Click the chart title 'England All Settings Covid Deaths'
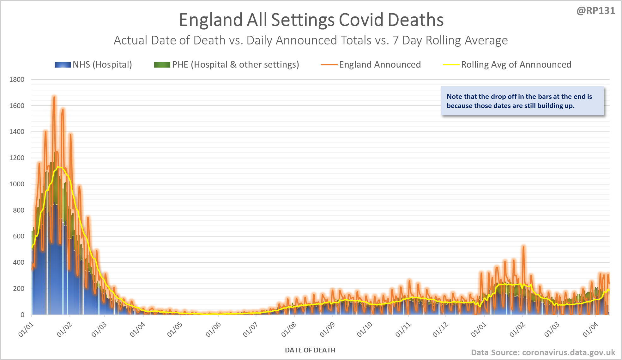311,20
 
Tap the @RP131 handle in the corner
596,11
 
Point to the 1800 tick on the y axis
17,80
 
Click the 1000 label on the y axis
17,184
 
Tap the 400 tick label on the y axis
19,262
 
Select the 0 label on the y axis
22,315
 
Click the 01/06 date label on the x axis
213,329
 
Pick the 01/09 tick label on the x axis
327,329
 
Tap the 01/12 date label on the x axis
440,329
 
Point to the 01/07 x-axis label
251,329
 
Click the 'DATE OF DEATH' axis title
310,350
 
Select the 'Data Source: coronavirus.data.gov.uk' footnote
543,352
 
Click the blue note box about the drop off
522,101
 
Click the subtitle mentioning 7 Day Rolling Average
311,40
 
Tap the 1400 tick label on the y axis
17,132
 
